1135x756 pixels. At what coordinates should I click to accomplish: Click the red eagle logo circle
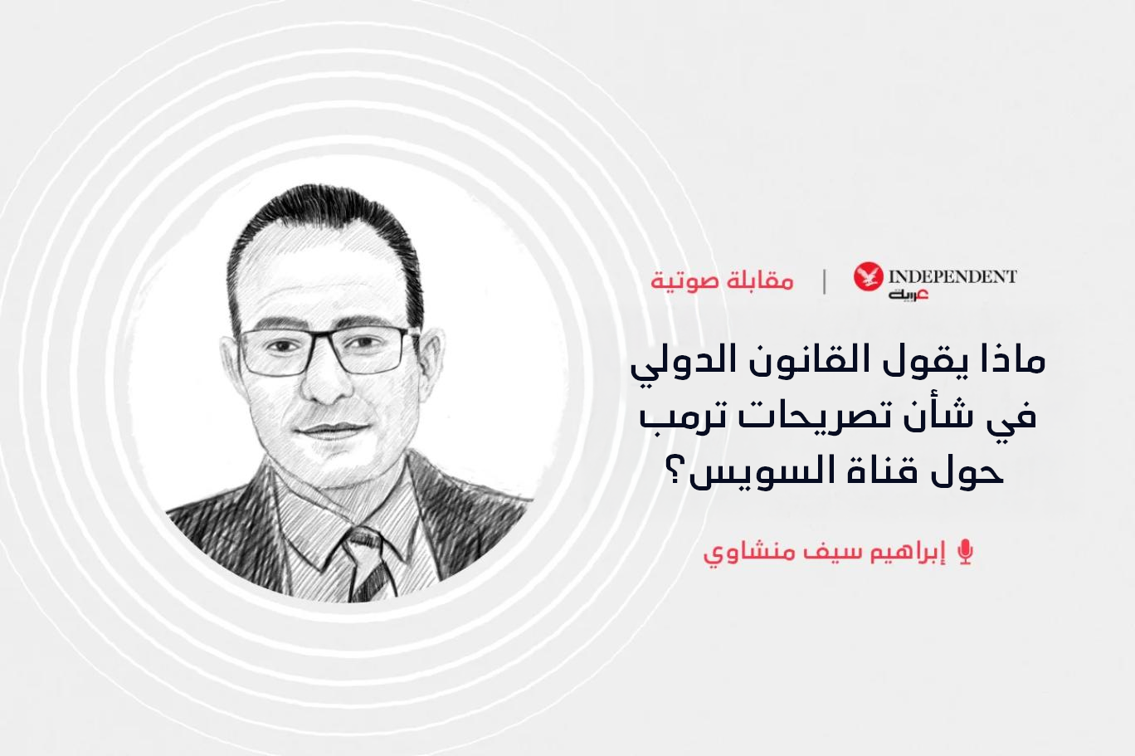[x=868, y=276]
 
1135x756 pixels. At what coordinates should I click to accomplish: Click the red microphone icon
[x=966, y=552]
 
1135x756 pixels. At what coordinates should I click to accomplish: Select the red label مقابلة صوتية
[x=723, y=281]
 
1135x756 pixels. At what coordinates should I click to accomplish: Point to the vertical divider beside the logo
[x=825, y=281]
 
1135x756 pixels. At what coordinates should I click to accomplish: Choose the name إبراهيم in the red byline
[x=908, y=553]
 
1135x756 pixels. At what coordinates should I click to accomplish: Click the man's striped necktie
[x=368, y=562]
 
